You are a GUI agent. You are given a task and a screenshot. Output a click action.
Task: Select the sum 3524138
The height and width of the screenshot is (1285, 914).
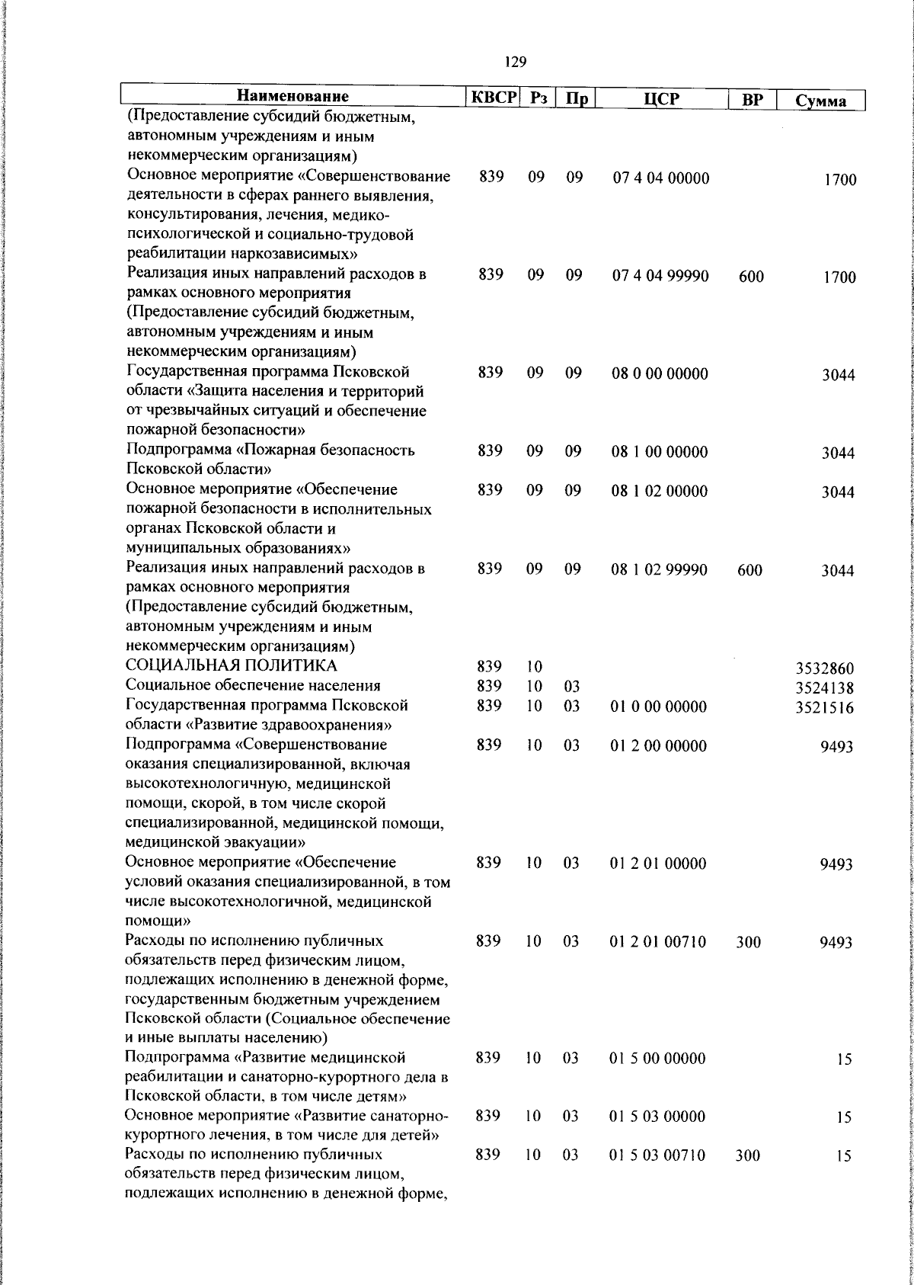click(x=824, y=688)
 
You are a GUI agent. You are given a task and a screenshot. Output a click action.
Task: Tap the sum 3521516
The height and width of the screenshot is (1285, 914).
click(x=824, y=708)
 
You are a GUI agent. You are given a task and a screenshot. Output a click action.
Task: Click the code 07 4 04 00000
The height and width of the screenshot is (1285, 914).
click(x=660, y=179)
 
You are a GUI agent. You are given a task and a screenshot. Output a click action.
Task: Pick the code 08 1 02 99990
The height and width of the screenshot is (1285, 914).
click(x=659, y=569)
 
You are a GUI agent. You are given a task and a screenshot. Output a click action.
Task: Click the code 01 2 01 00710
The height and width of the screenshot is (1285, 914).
click(x=658, y=942)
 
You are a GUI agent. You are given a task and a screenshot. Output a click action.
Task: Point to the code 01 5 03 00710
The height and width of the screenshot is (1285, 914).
click(x=658, y=1155)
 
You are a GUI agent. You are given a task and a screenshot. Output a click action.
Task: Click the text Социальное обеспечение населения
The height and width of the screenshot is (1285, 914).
click(x=253, y=685)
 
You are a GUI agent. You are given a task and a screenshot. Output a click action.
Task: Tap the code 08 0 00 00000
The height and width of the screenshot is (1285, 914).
click(x=660, y=373)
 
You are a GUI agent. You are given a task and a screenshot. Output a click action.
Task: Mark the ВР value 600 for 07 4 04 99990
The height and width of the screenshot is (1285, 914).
click(x=751, y=277)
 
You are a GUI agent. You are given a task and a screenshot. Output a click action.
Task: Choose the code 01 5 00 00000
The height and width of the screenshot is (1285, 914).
click(x=658, y=1058)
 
